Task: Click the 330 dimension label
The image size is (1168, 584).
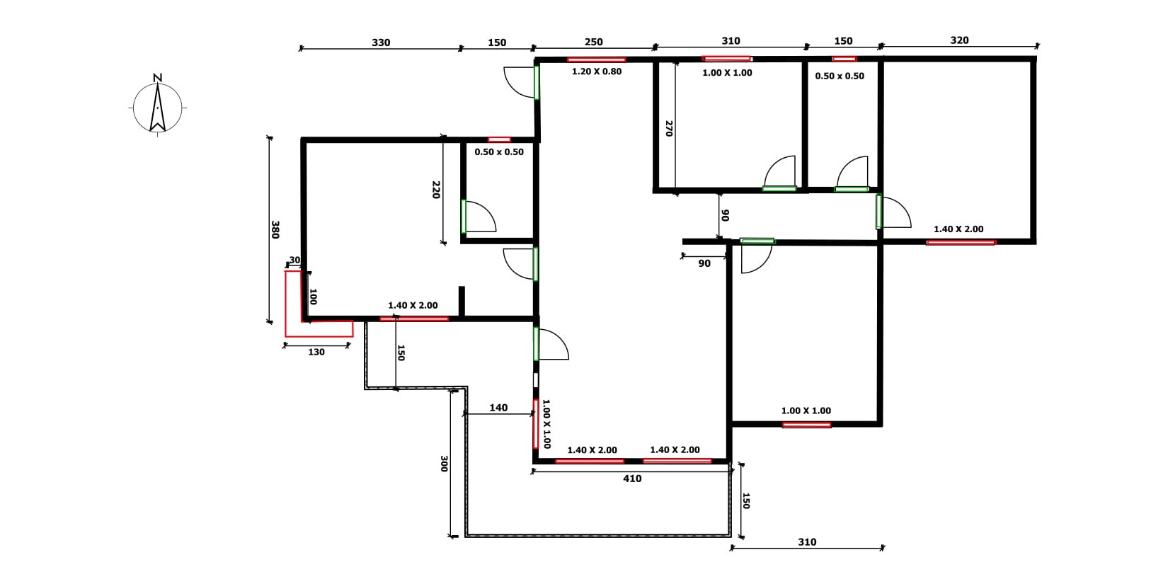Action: point(381,42)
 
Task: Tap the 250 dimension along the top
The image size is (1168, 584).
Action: point(593,42)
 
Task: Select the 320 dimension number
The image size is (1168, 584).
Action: point(959,40)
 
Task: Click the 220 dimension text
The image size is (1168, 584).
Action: point(437,190)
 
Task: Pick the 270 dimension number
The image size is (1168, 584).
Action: point(669,128)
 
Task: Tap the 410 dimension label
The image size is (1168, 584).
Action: point(632,479)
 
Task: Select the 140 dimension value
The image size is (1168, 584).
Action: point(498,408)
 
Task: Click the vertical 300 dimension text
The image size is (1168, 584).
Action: point(444,464)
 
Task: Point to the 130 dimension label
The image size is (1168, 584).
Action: point(316,352)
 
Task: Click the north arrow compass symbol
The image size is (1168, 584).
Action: point(157,108)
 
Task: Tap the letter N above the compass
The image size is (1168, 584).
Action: point(157,77)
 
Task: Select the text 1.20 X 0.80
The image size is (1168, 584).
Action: point(597,71)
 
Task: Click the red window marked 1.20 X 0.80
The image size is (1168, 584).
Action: point(597,59)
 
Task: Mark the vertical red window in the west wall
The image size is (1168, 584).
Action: point(535,424)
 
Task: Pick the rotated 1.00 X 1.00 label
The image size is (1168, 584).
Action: point(546,424)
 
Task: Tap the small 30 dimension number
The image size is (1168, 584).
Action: point(294,260)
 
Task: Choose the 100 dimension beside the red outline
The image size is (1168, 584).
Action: point(313,297)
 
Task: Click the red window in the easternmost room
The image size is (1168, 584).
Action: point(961,243)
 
